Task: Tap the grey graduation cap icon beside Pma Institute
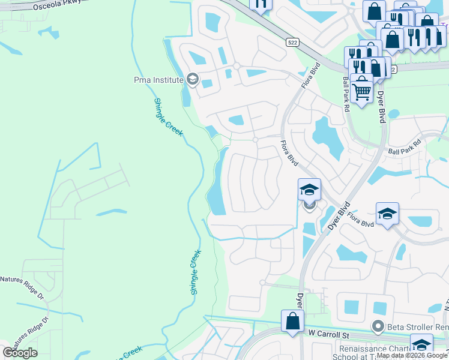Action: coord(192,79)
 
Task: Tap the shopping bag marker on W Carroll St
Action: coord(292,321)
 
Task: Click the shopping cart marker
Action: coord(361,92)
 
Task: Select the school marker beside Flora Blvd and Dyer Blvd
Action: coord(309,191)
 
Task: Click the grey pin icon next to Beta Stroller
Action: coord(378,327)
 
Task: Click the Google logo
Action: coord(20,352)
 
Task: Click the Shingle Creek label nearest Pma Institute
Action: coord(167,117)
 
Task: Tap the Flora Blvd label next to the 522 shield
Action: coord(311,74)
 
